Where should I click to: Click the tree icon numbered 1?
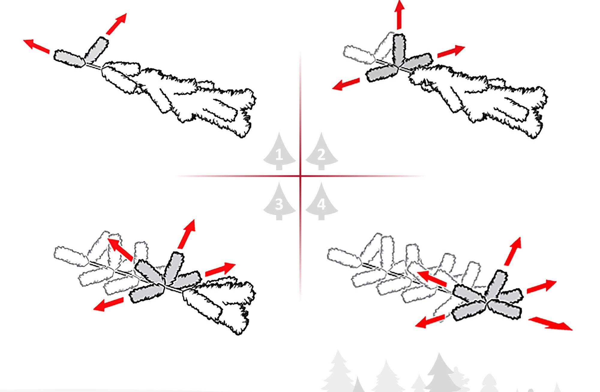point(279,152)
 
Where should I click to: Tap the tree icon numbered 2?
point(322,152)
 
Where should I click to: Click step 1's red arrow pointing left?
point(37,46)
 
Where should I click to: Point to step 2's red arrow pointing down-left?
point(346,84)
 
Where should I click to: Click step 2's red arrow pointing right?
point(451,51)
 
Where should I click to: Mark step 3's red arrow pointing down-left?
point(108,304)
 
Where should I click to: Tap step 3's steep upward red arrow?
point(186,234)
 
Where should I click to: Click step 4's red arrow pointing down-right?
point(550,324)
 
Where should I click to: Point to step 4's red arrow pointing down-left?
point(430,321)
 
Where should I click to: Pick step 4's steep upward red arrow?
point(513,251)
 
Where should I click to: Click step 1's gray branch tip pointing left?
point(69,58)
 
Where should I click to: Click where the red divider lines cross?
point(300,176)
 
